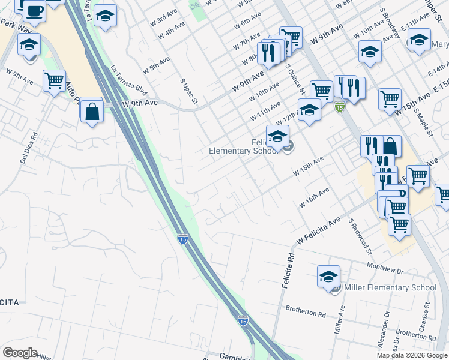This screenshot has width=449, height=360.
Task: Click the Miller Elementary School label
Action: click(390, 287)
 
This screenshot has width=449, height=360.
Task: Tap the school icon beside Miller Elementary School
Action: click(328, 277)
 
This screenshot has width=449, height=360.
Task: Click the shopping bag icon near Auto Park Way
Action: click(92, 112)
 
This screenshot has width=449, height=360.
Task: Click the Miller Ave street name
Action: click(339, 319)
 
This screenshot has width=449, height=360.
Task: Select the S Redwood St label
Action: click(360, 235)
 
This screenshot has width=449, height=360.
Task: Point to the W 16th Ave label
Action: click(314, 198)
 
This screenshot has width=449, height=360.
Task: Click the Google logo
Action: click(20, 353)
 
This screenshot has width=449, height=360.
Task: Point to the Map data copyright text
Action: click(412, 355)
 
